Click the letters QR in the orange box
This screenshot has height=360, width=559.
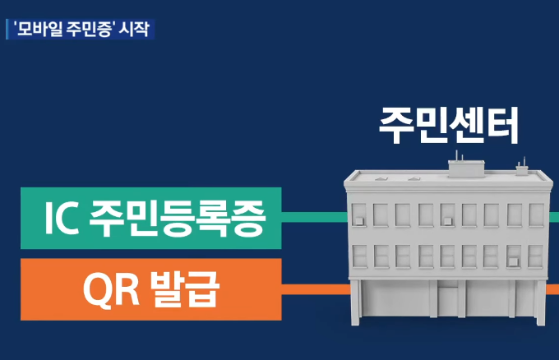(108, 289)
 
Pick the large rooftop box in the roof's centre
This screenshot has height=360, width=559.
(466, 167)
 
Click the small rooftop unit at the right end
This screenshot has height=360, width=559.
(521, 170)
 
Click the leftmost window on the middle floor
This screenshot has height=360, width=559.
(359, 256)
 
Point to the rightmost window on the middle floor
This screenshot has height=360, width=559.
(535, 256)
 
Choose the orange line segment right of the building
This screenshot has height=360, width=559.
(553, 289)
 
